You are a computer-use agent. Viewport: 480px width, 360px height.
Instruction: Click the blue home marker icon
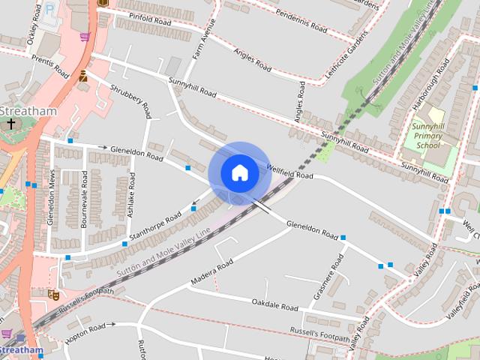(239, 172)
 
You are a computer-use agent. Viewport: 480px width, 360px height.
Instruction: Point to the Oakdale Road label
(275, 307)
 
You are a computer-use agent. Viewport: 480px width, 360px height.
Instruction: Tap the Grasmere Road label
(331, 275)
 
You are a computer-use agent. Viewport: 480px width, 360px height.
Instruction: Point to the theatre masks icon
(53, 295)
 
